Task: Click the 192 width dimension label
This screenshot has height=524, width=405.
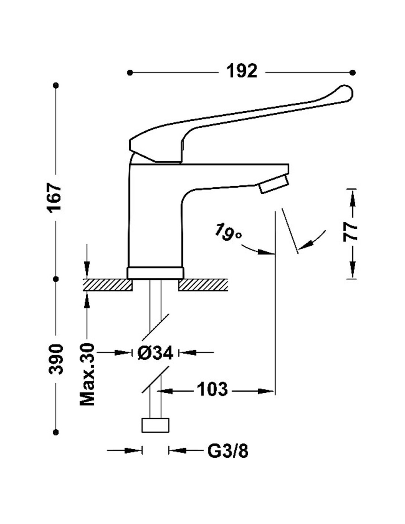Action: (x=242, y=71)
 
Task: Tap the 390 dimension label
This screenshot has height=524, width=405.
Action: (x=56, y=359)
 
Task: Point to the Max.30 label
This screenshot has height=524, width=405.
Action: (x=88, y=374)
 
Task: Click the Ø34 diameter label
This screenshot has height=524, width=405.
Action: (x=155, y=353)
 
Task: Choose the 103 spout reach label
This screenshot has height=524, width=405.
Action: (x=212, y=389)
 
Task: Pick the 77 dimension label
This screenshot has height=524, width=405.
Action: (x=351, y=231)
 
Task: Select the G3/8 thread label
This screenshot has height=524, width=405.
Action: (x=228, y=451)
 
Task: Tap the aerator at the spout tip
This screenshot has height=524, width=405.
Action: (x=273, y=184)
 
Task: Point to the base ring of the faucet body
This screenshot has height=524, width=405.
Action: (x=155, y=273)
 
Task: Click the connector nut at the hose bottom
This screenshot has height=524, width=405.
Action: (x=155, y=425)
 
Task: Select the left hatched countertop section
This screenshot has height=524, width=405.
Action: (x=108, y=285)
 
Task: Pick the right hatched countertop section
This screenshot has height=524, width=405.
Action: (x=203, y=285)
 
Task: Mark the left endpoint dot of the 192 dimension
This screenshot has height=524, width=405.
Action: (x=129, y=73)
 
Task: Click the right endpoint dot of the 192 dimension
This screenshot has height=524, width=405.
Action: (x=353, y=73)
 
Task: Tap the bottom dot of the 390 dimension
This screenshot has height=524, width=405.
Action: (x=56, y=432)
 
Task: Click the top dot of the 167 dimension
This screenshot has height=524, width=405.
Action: (x=56, y=85)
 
